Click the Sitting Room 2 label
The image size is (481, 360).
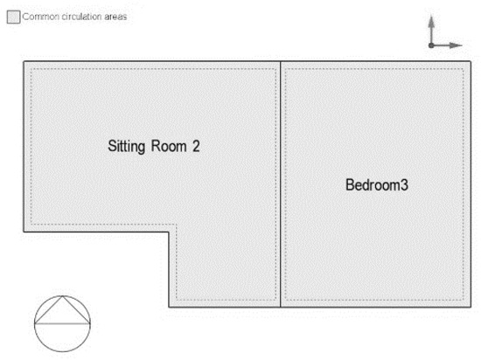pos(154,147)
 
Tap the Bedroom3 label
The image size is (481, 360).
pos(377,184)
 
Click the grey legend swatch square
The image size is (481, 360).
pos(13,17)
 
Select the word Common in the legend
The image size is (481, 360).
pos(41,17)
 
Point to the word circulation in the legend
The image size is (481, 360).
pos(81,17)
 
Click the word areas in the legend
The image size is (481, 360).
pos(115,17)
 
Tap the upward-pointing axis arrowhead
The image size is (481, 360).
pos(431,22)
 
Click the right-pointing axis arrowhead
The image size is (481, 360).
pos(456,45)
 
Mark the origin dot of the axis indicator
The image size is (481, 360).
pos(431,45)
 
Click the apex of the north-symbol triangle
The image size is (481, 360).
pos(63,295)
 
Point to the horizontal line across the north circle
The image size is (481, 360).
pos(62,323)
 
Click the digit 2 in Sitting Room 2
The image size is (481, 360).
pos(196,146)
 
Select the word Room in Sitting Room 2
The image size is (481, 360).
pos(169,146)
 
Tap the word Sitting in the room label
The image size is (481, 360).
pos(127,147)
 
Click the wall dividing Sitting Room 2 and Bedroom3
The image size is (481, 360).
pos(280,184)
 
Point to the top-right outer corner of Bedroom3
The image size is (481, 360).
pos(471,61)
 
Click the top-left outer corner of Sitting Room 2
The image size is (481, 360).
pos(24,61)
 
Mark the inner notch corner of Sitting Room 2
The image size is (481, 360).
pos(169,232)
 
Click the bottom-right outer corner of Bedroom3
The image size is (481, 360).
pos(471,307)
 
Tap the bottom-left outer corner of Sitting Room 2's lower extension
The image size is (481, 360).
pos(169,307)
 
